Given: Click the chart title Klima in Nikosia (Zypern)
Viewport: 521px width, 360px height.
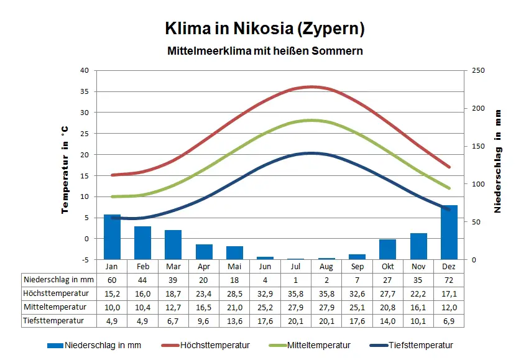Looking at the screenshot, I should tap(264, 29).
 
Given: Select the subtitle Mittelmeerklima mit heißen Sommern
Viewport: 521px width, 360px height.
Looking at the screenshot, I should tap(265, 50).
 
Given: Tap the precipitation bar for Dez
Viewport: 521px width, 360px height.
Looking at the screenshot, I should tap(450, 232).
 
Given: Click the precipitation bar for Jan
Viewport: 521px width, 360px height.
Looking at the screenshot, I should tap(112, 236).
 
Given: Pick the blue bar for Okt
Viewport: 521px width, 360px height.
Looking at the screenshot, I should tap(388, 249).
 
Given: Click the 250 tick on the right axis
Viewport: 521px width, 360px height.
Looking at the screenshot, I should tap(478, 70).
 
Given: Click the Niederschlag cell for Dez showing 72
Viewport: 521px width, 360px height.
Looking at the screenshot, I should tap(450, 280).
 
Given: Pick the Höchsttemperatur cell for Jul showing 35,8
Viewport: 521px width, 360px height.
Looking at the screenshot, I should tap(296, 293).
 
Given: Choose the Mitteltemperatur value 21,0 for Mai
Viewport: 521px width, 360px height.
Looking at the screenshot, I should tap(234, 307).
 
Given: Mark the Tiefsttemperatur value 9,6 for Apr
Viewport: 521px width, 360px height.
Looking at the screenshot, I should tap(204, 321).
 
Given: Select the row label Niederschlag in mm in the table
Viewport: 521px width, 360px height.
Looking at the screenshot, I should tap(58, 280).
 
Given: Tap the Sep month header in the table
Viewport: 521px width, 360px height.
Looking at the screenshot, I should tap(357, 266).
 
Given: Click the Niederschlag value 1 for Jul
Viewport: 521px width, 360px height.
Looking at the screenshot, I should tap(296, 280).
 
